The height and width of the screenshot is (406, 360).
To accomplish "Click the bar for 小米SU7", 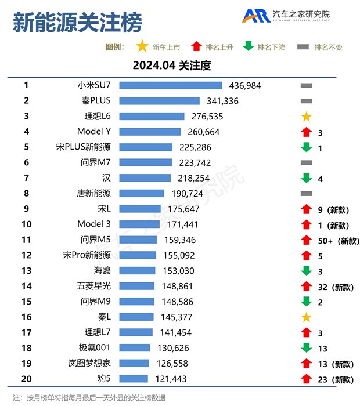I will [171, 85].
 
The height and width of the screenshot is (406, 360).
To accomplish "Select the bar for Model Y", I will [150, 132].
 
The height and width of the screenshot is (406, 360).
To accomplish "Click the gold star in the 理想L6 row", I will [307, 117].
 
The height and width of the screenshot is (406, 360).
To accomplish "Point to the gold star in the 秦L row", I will [307, 317].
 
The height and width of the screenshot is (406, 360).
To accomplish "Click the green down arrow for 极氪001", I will [307, 348].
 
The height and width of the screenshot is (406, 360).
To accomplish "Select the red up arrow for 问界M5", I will [307, 240].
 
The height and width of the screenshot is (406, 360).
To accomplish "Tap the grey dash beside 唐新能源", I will [307, 194].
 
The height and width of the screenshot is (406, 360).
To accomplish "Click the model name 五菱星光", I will [93, 286].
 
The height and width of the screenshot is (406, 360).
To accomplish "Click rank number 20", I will [26, 379].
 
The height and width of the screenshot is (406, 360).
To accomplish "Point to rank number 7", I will [26, 178].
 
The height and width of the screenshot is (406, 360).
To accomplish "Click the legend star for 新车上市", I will [141, 46].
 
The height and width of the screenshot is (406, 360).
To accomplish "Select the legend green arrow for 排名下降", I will [249, 46].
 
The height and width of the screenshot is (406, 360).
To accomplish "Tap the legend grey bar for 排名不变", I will [303, 47].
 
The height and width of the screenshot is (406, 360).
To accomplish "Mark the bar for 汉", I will [145, 178].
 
